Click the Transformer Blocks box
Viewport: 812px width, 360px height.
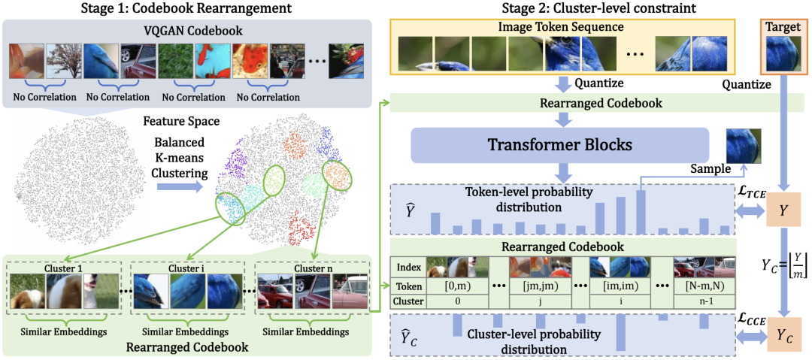tap(560, 145)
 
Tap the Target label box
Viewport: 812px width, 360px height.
tap(781, 27)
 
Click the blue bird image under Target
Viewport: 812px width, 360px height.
tap(781, 55)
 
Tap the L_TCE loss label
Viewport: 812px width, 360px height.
tap(751, 192)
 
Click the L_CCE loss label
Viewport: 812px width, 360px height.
tap(751, 319)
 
